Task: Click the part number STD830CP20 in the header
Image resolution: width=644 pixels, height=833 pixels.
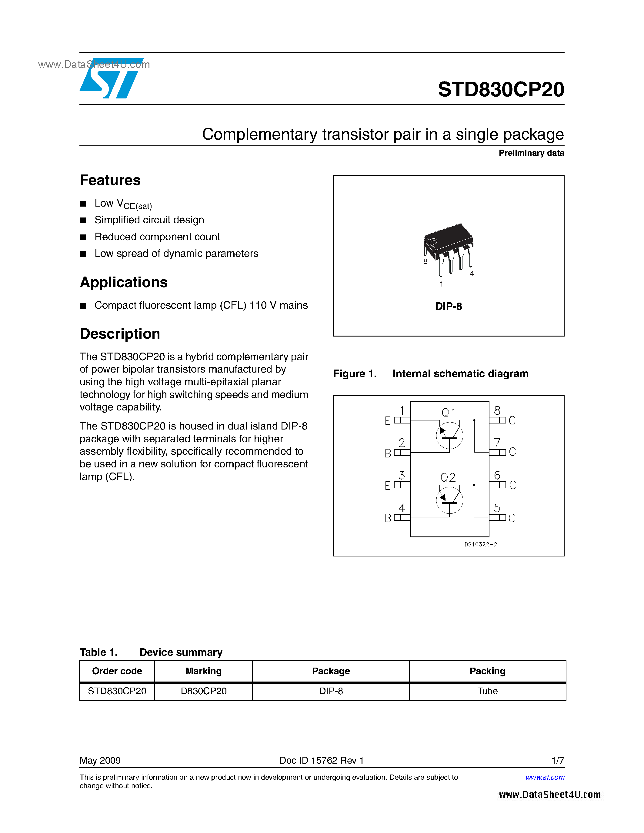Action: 501,90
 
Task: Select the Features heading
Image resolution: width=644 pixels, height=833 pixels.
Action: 110,180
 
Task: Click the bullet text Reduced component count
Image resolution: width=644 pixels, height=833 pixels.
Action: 157,237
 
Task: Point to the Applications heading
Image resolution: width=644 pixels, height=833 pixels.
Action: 124,282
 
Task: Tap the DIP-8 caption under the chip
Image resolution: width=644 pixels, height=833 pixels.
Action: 449,306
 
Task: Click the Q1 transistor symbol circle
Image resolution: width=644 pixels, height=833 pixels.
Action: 449,435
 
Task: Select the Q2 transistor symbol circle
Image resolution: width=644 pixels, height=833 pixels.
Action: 449,500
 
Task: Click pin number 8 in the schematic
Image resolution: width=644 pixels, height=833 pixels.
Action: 497,411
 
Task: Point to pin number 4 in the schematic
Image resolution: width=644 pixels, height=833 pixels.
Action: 401,508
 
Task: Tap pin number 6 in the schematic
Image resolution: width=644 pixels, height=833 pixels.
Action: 497,475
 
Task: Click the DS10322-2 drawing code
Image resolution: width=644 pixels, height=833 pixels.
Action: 480,545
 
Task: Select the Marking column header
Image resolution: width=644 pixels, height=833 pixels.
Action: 203,671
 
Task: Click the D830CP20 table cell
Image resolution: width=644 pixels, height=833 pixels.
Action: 203,691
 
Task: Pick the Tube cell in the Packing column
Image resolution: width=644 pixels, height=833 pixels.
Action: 487,691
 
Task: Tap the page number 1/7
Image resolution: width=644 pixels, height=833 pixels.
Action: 557,761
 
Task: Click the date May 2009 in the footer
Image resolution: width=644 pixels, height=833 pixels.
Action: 100,761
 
